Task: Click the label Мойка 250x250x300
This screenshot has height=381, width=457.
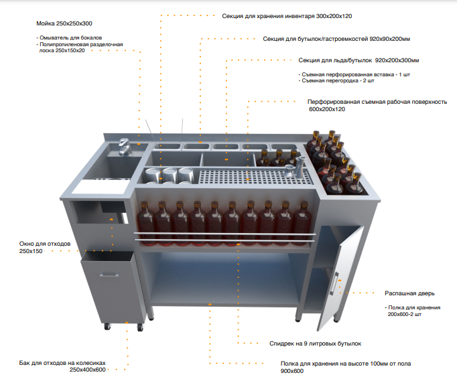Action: [x=64, y=23]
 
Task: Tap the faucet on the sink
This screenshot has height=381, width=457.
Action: [x=125, y=147]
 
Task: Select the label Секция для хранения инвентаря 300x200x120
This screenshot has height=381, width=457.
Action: [x=287, y=16]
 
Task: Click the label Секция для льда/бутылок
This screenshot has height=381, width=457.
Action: [x=335, y=60]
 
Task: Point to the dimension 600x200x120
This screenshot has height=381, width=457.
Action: [x=327, y=109]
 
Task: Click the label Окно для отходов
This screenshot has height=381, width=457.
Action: [x=45, y=244]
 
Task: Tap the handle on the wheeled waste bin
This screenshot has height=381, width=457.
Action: [x=109, y=275]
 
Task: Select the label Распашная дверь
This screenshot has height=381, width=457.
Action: [x=409, y=293]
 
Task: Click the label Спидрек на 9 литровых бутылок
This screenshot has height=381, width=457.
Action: [x=315, y=344]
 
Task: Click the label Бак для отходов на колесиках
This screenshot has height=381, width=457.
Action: [x=62, y=363]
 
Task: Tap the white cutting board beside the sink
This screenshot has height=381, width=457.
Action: [x=101, y=187]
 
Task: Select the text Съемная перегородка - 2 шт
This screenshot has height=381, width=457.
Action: [x=336, y=80]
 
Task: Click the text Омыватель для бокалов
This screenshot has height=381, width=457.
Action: [x=69, y=37]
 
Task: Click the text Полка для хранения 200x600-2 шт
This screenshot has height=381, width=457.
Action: [x=412, y=311]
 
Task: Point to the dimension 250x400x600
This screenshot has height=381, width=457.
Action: [x=87, y=370]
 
